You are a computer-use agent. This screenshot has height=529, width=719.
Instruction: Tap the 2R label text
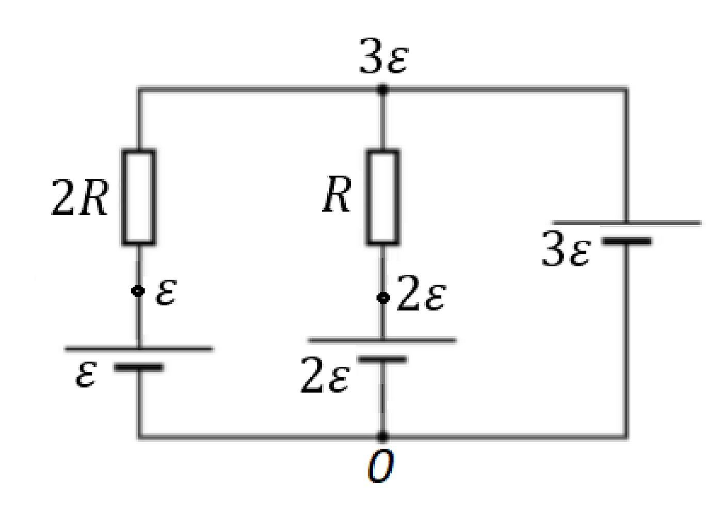pyautogui.click(x=79, y=197)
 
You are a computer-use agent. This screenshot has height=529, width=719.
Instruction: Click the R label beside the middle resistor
pyautogui.click(x=337, y=194)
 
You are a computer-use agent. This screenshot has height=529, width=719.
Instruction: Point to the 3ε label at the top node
pyautogui.click(x=384, y=56)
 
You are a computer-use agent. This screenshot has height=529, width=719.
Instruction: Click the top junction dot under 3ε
pyautogui.click(x=382, y=89)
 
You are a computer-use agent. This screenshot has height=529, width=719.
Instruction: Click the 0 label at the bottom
pyautogui.click(x=381, y=466)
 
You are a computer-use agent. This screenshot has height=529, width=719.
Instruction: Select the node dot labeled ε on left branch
pyautogui.click(x=138, y=291)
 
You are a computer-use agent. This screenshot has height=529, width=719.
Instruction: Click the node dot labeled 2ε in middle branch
pyautogui.click(x=384, y=298)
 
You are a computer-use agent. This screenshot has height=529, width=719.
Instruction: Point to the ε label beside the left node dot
pyautogui.click(x=166, y=292)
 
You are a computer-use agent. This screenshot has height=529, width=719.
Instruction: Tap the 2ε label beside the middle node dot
pyautogui.click(x=421, y=293)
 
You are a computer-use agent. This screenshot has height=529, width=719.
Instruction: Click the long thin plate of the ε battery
pyautogui.click(x=139, y=349)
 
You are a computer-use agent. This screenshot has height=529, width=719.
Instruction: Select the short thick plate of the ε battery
pyautogui.click(x=139, y=367)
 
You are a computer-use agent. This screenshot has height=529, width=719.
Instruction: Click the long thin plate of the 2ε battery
pyautogui.click(x=382, y=340)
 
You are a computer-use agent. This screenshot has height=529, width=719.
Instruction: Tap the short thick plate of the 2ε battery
pyautogui.click(x=382, y=359)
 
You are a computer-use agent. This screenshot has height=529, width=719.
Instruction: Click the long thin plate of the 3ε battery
pyautogui.click(x=626, y=223)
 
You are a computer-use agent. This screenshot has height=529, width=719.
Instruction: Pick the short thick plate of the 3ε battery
pyautogui.click(x=627, y=241)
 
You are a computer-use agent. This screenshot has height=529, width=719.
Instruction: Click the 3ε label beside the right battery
pyautogui.click(x=566, y=249)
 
